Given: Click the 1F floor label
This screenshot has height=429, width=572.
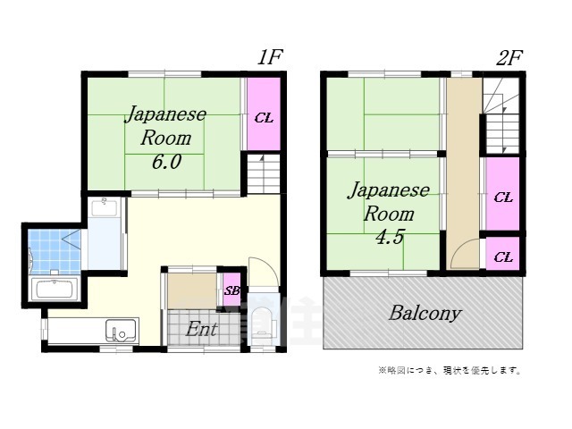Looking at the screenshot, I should point(270,58).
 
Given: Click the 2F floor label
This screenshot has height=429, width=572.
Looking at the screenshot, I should point(509,58).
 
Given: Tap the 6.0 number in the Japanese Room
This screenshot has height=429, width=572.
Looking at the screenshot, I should point(165,162).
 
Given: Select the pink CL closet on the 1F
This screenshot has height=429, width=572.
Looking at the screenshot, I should point(264,116).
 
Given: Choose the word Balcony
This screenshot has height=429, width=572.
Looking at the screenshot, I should point(425,313).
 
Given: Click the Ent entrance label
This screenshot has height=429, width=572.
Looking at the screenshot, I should point(201,329).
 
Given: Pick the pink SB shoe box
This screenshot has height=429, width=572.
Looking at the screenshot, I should point(231,290).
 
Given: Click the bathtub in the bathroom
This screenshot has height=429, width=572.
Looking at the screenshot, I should point(55,290).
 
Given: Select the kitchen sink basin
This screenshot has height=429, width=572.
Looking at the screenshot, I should point(119,331).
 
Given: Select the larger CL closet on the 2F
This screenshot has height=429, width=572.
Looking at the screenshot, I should point(503,196).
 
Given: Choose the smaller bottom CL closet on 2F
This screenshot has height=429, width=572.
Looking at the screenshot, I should point(503,257).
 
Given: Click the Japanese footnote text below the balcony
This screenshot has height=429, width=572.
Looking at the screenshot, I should point(450,370).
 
